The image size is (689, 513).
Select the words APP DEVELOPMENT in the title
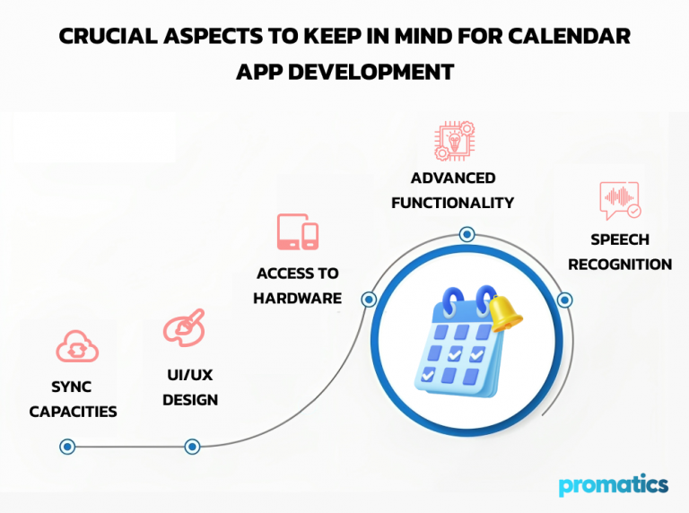click(344, 72)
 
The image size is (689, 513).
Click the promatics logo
click(613, 485)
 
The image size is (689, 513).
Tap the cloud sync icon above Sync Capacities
click(76, 347)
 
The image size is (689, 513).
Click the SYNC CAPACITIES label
click(73, 399)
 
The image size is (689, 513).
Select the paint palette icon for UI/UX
click(184, 327)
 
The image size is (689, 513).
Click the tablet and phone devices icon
click(297, 232)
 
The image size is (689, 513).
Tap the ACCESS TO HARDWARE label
click(297, 285)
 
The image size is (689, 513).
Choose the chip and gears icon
click(453, 142)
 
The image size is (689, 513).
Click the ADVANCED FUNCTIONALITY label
click(452, 190)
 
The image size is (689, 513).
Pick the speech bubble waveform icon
click(620, 201)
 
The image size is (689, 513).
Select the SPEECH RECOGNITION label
click(620, 252)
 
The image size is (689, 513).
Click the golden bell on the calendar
click(504, 311)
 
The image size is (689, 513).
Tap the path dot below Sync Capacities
click(66, 446)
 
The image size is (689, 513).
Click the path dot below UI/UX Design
click(191, 446)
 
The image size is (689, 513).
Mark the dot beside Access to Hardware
click(368, 300)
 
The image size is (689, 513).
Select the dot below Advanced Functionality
click(467, 235)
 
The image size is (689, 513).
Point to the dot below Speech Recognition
click(563, 300)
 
